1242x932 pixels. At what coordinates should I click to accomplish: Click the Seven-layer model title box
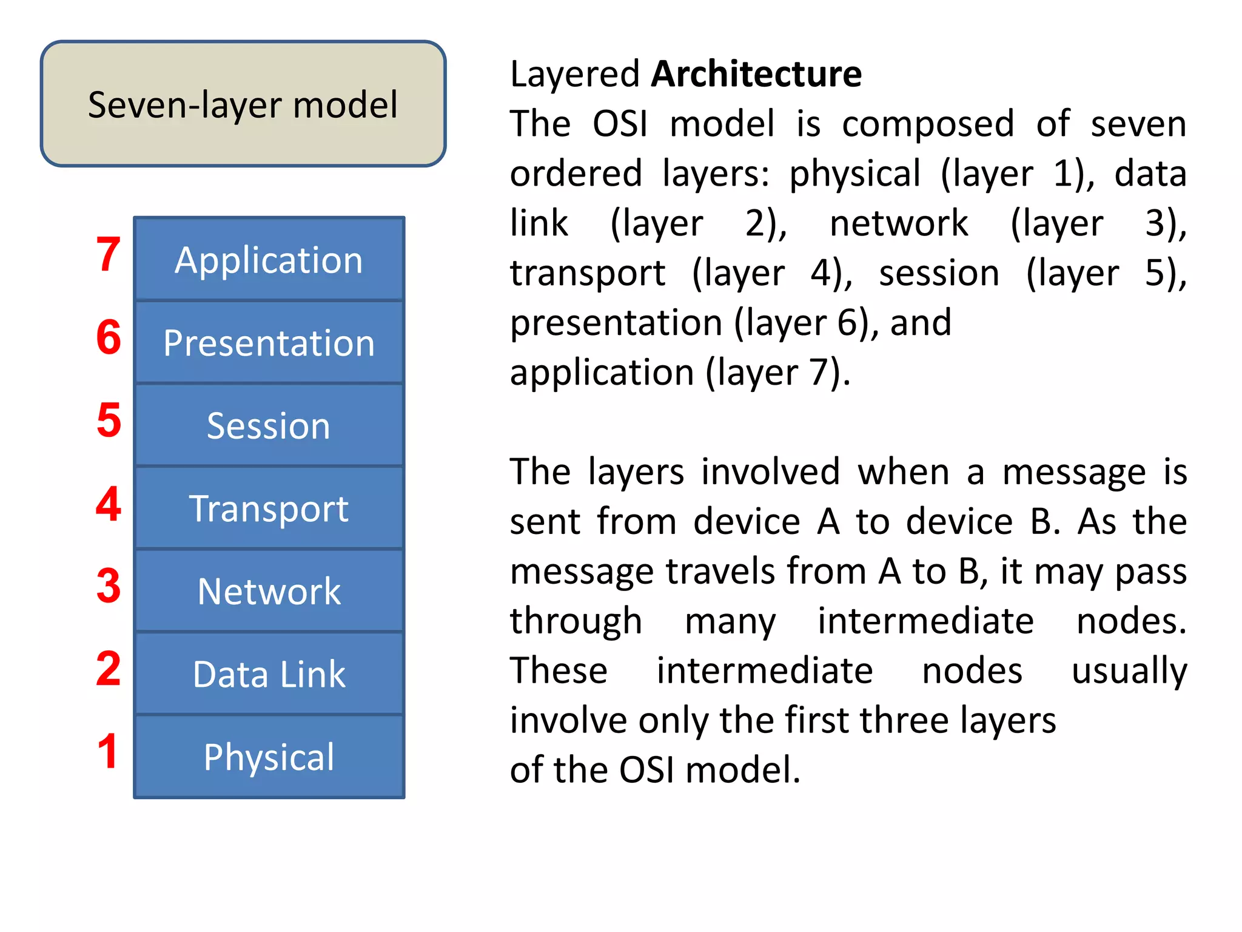(243, 104)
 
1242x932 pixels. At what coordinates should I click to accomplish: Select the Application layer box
(269, 259)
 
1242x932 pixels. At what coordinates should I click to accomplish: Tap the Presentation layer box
(269, 342)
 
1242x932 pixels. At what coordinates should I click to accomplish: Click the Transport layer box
(269, 508)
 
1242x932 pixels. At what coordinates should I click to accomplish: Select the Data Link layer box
(269, 674)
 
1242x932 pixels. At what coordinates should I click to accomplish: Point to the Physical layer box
(269, 757)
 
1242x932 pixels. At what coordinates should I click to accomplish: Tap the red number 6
(109, 337)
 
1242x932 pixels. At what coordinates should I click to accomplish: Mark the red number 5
(109, 420)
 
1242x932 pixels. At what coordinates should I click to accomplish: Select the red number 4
(109, 504)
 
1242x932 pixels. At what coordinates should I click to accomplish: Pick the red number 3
(109, 586)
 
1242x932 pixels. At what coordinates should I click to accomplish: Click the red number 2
(109, 669)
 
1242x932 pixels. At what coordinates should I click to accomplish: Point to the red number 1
(108, 752)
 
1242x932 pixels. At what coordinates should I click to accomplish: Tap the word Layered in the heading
(575, 75)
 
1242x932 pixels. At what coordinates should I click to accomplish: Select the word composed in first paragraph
(928, 125)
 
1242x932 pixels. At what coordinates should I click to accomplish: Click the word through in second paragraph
(576, 622)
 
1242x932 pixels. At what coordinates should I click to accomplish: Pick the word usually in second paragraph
(1129, 672)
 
